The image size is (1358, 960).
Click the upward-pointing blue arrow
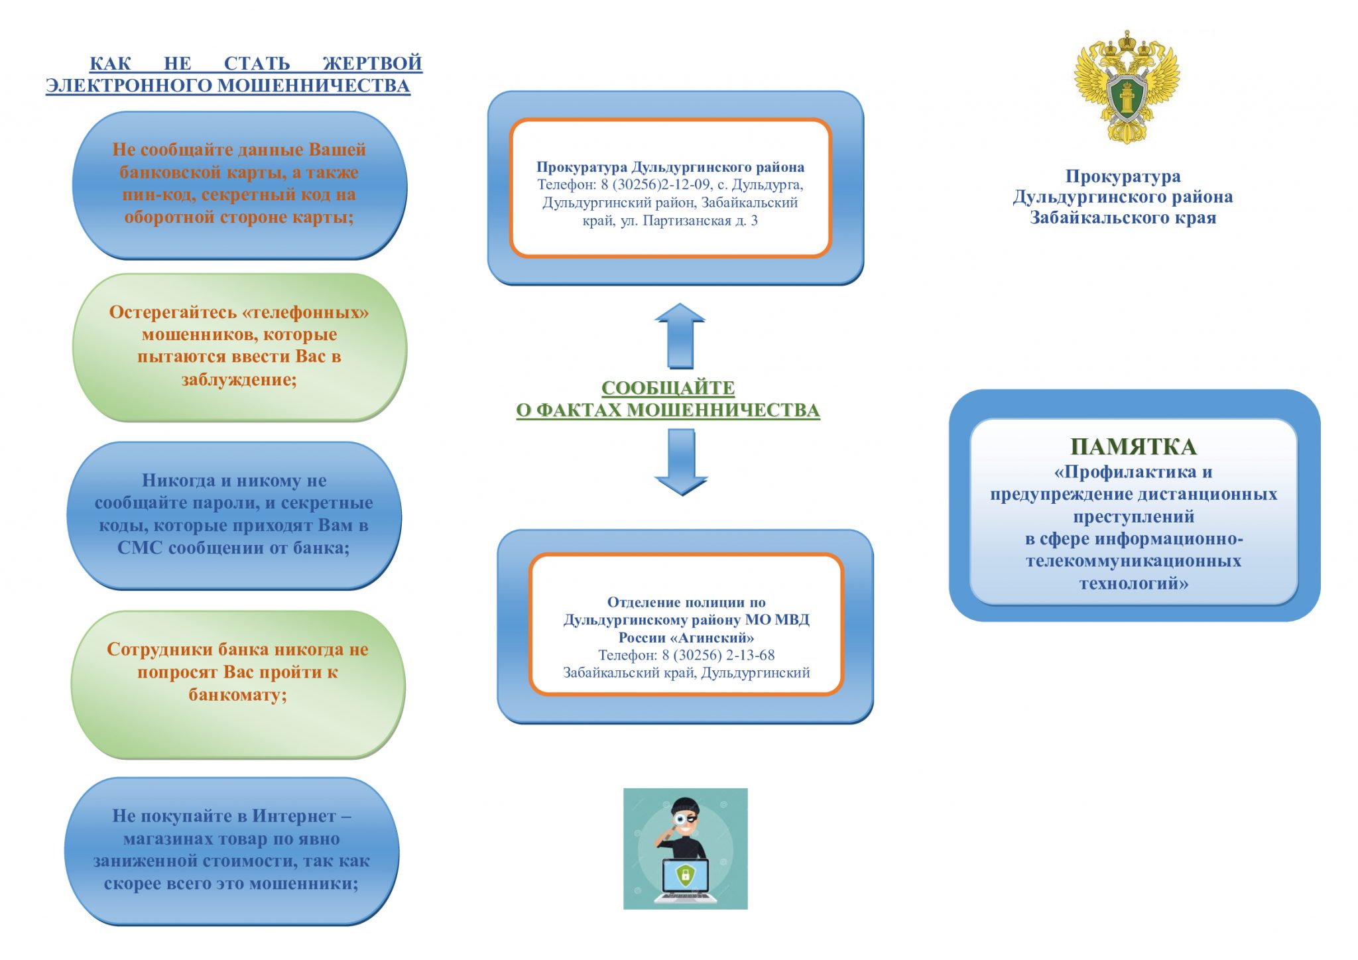(x=680, y=336)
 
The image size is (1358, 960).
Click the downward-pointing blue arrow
(x=681, y=462)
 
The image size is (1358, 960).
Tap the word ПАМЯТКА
(x=1133, y=447)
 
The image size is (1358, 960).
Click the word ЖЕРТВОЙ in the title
(x=372, y=64)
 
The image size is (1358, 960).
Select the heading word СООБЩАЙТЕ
(x=668, y=388)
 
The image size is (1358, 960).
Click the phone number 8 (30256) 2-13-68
(x=718, y=655)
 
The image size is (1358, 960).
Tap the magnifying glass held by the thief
(x=680, y=819)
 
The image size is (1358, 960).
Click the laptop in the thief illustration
(x=685, y=880)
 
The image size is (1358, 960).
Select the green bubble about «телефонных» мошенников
(x=239, y=347)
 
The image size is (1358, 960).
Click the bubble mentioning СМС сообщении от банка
(x=234, y=515)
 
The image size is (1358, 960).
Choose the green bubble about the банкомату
(x=238, y=684)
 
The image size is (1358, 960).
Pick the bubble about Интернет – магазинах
(x=231, y=851)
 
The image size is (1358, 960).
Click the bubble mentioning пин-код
(x=239, y=185)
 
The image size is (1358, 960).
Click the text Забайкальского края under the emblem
(x=1123, y=218)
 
